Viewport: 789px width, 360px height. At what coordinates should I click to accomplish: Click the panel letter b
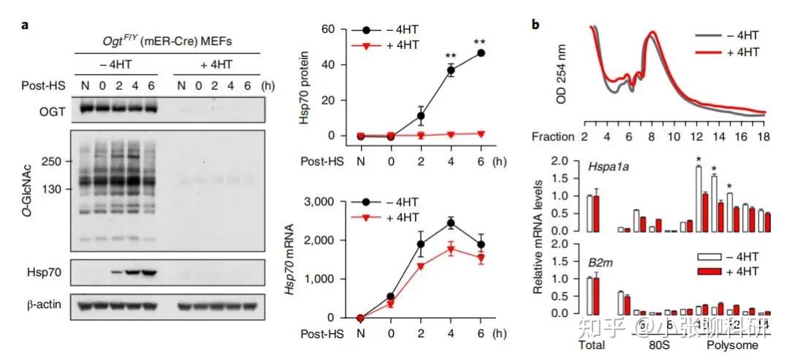[x=535, y=26]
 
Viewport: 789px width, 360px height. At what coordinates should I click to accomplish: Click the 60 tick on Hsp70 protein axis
[x=328, y=29]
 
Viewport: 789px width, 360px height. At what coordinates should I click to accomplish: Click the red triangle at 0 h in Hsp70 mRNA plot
[x=390, y=304]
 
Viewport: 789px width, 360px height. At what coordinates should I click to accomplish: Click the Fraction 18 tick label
[x=763, y=137]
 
